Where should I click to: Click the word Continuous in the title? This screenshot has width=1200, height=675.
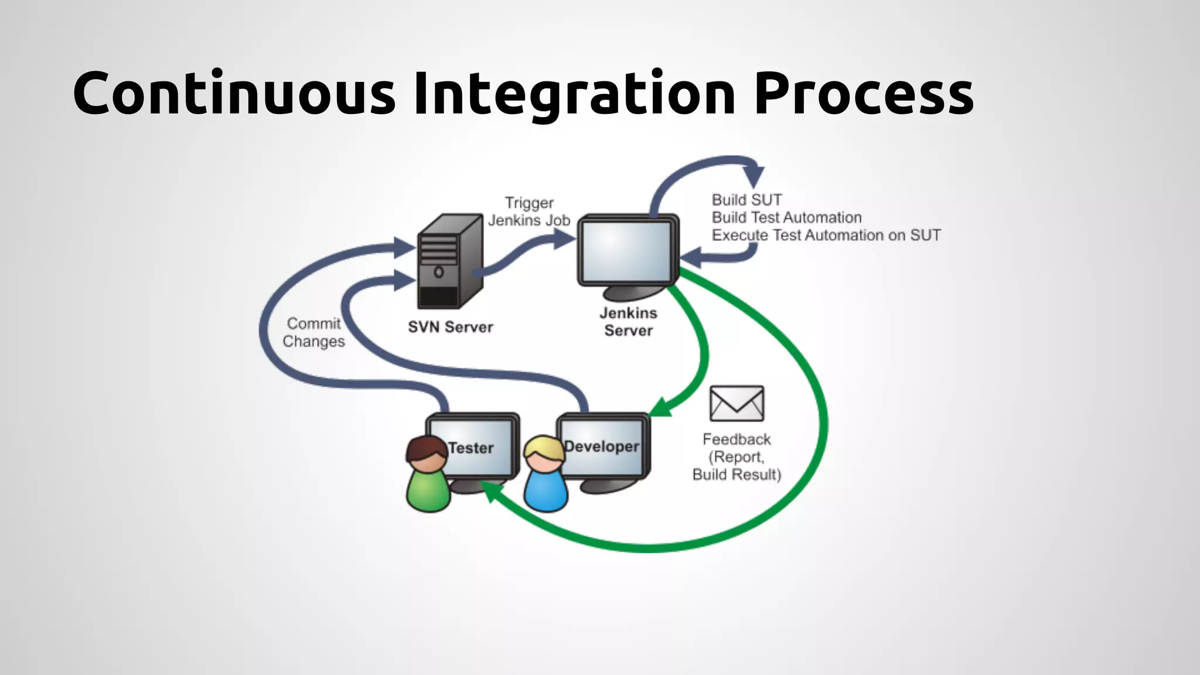tap(234, 94)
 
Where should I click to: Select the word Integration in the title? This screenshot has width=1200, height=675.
tap(574, 94)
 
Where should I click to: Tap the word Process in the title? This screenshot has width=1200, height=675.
tap(864, 94)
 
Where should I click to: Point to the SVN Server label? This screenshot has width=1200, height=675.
tap(450, 327)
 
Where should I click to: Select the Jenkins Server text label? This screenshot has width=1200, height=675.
tap(628, 322)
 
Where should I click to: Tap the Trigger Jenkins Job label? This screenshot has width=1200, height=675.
tap(529, 212)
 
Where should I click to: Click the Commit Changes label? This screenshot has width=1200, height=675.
tap(313, 332)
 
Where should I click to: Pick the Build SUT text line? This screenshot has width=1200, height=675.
tap(746, 200)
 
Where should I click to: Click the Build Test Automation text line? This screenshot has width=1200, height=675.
tap(786, 217)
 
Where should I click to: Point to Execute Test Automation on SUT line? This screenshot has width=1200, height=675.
tap(826, 235)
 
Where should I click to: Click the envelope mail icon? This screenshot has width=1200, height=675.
tap(737, 403)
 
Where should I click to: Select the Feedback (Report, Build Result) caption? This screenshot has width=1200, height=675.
tap(737, 457)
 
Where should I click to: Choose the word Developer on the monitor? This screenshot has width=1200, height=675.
tap(601, 446)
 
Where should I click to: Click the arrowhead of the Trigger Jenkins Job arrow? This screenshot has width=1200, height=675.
tap(565, 238)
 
